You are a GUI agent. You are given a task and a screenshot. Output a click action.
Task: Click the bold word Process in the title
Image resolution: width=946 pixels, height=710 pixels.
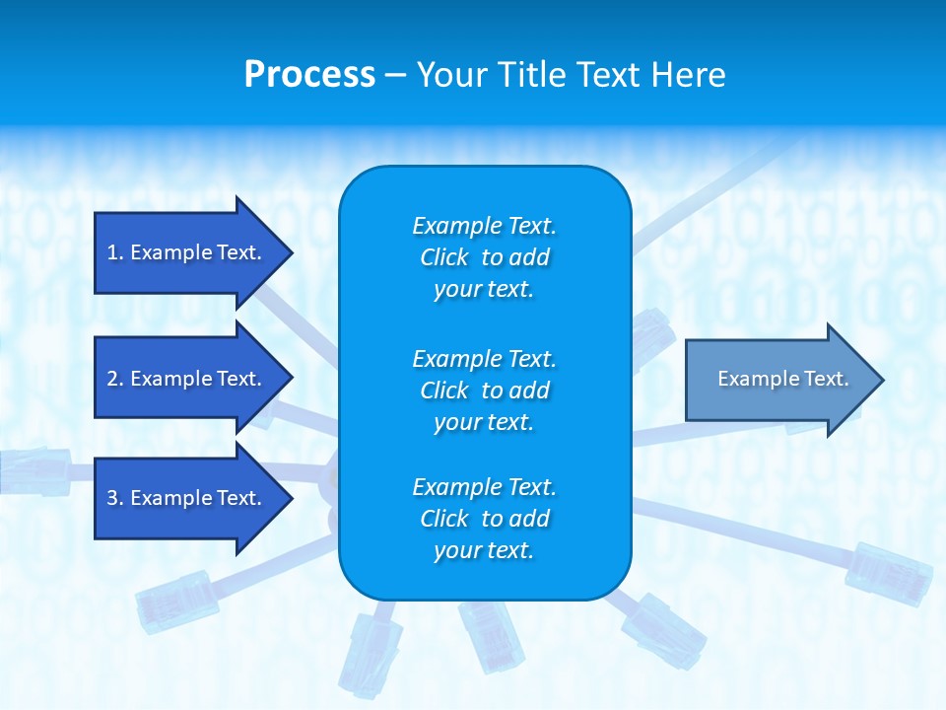pyautogui.click(x=309, y=75)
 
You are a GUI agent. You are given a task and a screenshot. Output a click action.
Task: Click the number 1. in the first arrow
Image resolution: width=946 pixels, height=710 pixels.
pyautogui.click(x=115, y=252)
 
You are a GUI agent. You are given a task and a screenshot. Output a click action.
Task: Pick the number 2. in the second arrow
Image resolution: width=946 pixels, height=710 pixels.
pyautogui.click(x=115, y=379)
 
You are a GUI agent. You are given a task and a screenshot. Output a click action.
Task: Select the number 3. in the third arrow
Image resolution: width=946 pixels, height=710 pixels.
pyautogui.click(x=115, y=498)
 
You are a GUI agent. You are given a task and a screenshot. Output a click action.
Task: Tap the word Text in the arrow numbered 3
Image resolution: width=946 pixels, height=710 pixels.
pyautogui.click(x=239, y=498)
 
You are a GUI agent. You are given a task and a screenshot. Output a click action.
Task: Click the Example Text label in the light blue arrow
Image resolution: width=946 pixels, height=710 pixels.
pyautogui.click(x=782, y=379)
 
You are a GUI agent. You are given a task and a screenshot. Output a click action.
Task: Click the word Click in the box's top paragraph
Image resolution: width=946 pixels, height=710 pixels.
pyautogui.click(x=444, y=258)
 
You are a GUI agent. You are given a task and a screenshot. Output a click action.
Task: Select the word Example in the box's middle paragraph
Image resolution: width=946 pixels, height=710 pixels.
pyautogui.click(x=455, y=358)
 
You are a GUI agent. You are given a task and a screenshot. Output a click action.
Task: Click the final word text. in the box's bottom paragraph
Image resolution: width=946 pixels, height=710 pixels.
pyautogui.click(x=509, y=551)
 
